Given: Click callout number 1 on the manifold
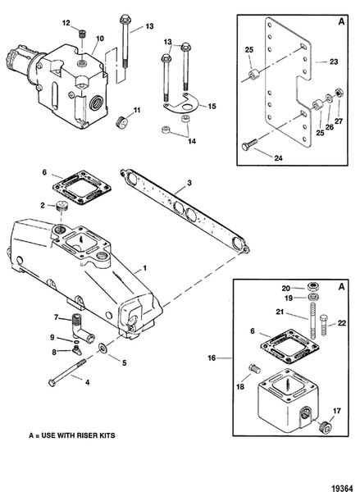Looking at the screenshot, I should [x=145, y=267].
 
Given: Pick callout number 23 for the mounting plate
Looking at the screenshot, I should [x=333, y=61].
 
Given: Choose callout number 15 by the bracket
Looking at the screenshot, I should [x=212, y=107].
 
